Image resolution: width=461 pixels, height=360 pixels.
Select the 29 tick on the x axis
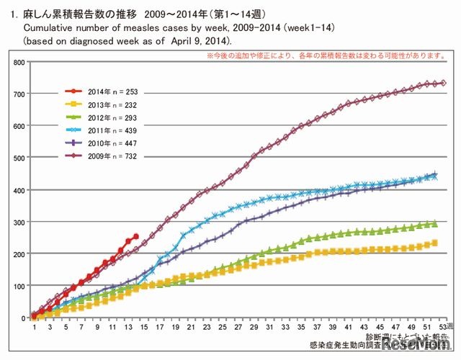254,328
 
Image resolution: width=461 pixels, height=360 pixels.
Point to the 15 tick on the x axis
143,328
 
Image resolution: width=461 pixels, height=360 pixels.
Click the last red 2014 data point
136,235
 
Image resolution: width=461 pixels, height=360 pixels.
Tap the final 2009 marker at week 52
443,84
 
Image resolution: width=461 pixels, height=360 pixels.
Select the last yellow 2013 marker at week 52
434,243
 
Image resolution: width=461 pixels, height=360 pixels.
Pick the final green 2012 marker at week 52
434,224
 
